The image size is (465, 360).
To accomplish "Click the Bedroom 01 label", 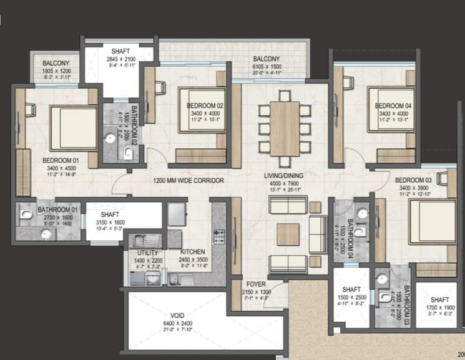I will tap(59, 161).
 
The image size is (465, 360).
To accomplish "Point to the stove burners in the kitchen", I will tap(219, 236).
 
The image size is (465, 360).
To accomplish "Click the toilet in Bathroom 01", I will tap(25, 215).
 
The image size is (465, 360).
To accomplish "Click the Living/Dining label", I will tap(284, 177).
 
